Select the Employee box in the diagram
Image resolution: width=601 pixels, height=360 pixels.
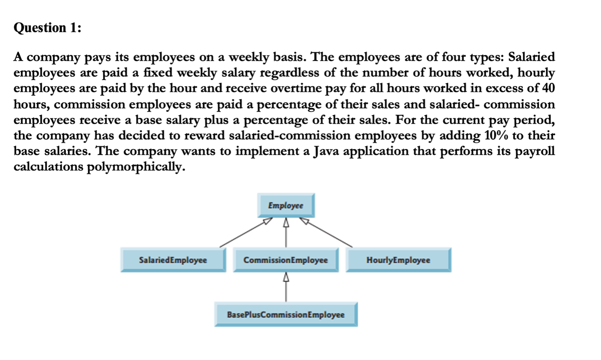(286, 205)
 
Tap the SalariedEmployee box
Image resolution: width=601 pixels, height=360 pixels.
(173, 260)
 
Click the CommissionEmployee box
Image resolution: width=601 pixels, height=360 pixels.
(286, 260)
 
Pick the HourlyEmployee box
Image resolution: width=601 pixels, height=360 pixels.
(398, 260)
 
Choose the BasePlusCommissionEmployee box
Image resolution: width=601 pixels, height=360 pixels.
(286, 314)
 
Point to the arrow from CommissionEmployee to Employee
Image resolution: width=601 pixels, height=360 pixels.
(286, 233)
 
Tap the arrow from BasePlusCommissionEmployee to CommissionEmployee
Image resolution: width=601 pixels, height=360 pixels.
(286, 287)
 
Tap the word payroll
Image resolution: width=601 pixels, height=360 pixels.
(539, 151)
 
